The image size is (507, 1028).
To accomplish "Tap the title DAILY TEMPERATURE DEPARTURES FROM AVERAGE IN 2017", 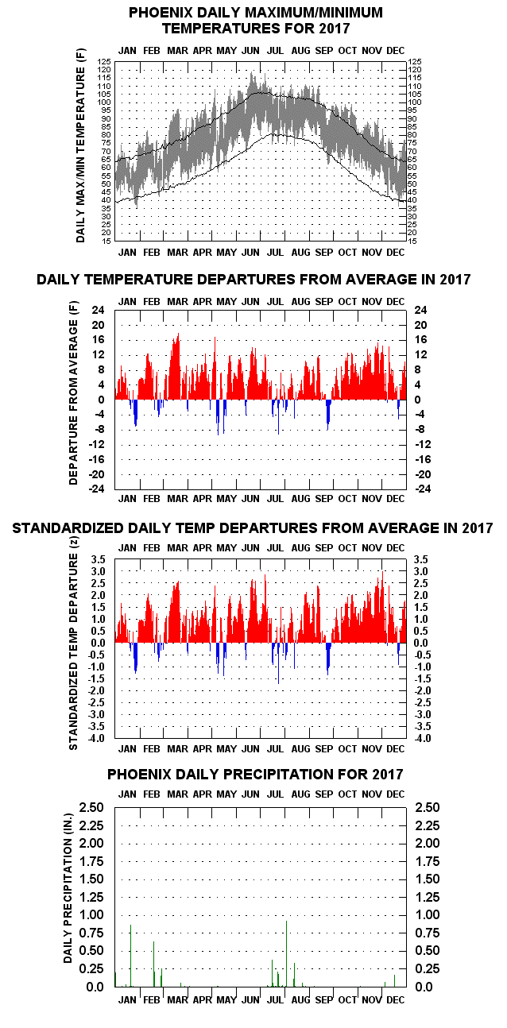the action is click(x=253, y=280).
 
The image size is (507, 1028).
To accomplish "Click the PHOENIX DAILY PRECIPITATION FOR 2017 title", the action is click(x=255, y=775).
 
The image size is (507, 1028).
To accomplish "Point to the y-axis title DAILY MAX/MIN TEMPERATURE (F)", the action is click(x=81, y=145).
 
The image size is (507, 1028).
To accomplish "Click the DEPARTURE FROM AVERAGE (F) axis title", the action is click(x=73, y=392).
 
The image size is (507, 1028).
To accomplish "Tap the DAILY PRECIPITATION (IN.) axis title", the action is click(x=68, y=888).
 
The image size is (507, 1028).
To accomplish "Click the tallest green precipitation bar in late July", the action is click(x=286, y=953).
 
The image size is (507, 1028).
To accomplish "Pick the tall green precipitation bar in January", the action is click(x=130, y=956).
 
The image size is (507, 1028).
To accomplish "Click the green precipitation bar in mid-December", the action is click(x=394, y=980).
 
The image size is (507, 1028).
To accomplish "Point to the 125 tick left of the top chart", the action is click(x=104, y=61).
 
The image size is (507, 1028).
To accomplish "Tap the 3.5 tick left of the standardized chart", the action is click(x=99, y=559).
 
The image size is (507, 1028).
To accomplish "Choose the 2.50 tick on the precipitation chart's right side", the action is click(x=428, y=807).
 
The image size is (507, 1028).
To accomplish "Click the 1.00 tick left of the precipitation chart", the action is click(x=91, y=914).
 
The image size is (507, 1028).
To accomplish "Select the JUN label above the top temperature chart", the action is click(x=251, y=51).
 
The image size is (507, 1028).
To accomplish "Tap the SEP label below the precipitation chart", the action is click(x=323, y=1000).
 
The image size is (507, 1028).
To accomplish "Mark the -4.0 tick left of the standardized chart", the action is click(x=97, y=738).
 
